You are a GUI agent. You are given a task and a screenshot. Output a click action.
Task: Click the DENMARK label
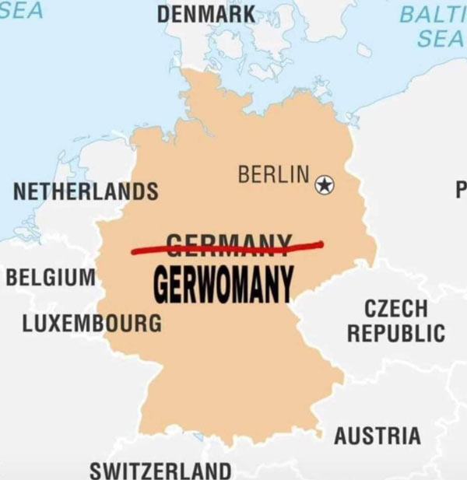point(206,14)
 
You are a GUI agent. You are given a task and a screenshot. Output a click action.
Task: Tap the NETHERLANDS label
point(86,191)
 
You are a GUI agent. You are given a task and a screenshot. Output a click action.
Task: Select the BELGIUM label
point(51,277)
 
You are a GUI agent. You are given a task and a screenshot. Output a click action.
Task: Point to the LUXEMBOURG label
point(92,323)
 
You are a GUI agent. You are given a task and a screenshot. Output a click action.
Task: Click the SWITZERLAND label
point(160,470)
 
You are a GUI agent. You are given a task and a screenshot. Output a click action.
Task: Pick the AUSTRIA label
point(377,436)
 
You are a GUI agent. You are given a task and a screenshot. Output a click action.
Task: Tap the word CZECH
point(396,307)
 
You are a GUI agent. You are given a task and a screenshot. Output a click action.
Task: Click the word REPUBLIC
point(396,334)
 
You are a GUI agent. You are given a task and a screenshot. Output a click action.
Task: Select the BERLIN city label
point(273,175)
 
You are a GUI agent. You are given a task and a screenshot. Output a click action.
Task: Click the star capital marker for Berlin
point(324,185)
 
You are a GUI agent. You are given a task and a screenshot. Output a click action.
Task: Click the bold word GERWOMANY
point(223,284)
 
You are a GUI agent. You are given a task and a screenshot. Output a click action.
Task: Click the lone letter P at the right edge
point(460,188)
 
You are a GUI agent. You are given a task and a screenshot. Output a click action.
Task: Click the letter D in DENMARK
point(164,14)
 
